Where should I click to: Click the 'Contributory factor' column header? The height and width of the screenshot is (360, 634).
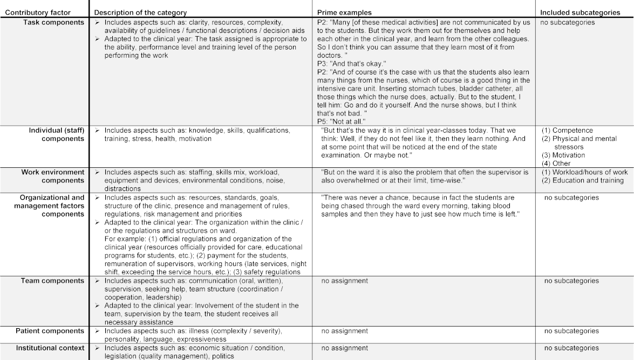pyautogui.click(x=38, y=12)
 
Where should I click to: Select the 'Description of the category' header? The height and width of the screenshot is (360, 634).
pyautogui.click(x=140, y=12)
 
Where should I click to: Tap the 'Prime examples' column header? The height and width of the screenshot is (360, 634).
pyautogui.click(x=344, y=12)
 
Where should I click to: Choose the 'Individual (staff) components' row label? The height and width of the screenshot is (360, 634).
pyautogui.click(x=57, y=134)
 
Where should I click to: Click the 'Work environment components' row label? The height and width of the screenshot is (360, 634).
pyautogui.click(x=53, y=176)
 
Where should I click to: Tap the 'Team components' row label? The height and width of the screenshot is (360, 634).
pyautogui.click(x=52, y=281)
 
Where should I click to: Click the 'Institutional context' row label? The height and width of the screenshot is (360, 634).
pyautogui.click(x=50, y=348)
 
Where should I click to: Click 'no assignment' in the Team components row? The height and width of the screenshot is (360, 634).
pyautogui.click(x=344, y=281)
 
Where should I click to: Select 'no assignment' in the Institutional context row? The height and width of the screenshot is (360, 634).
pyautogui.click(x=344, y=348)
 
